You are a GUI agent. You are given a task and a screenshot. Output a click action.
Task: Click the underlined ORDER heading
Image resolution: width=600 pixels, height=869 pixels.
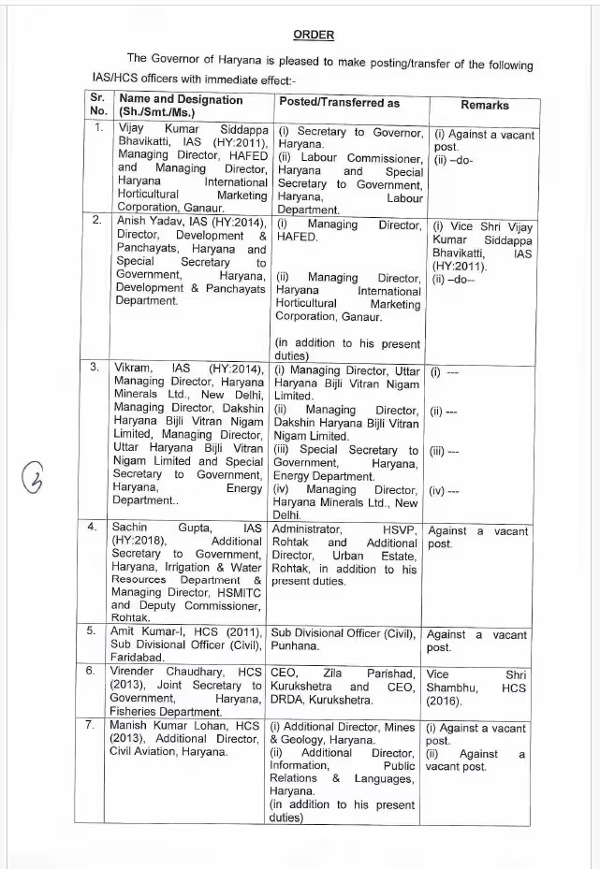[x=314, y=35]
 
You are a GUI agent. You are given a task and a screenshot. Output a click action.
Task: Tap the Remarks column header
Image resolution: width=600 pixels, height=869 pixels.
[x=485, y=106]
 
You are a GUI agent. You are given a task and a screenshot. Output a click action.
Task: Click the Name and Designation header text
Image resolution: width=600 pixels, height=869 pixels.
[x=181, y=99]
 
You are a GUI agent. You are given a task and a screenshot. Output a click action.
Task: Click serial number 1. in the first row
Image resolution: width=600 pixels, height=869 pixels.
[x=96, y=126]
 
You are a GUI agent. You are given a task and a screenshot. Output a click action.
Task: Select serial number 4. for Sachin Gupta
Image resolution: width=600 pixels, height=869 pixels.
[x=93, y=527]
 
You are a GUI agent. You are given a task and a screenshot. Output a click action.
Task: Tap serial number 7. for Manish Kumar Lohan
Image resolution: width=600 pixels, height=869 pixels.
[x=93, y=725]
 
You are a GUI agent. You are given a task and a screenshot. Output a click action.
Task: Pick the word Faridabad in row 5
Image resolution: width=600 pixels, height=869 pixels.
[x=141, y=659]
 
